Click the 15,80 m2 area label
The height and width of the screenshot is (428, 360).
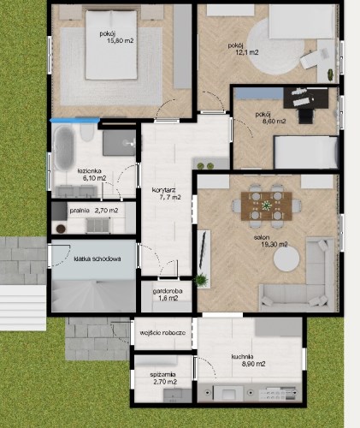120,40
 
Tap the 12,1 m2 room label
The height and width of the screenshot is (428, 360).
246,52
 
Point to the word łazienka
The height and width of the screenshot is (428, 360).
89,171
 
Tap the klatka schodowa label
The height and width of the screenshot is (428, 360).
97,259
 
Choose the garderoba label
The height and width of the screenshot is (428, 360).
168,291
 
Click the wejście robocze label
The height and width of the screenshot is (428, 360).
162,333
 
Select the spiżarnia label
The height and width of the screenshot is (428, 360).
162,375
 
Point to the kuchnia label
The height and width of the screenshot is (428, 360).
242,357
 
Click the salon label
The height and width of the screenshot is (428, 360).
262,237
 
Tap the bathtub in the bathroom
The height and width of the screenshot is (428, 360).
63,148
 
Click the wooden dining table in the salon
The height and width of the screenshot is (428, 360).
266,206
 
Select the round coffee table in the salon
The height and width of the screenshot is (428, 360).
286,259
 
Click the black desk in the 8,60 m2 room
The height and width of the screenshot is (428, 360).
305,98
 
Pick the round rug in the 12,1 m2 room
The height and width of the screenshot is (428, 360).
274,49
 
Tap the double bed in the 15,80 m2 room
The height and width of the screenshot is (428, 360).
111,45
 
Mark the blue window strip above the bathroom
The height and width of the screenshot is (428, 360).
74,121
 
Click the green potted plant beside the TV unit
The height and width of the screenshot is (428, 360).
202,280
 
